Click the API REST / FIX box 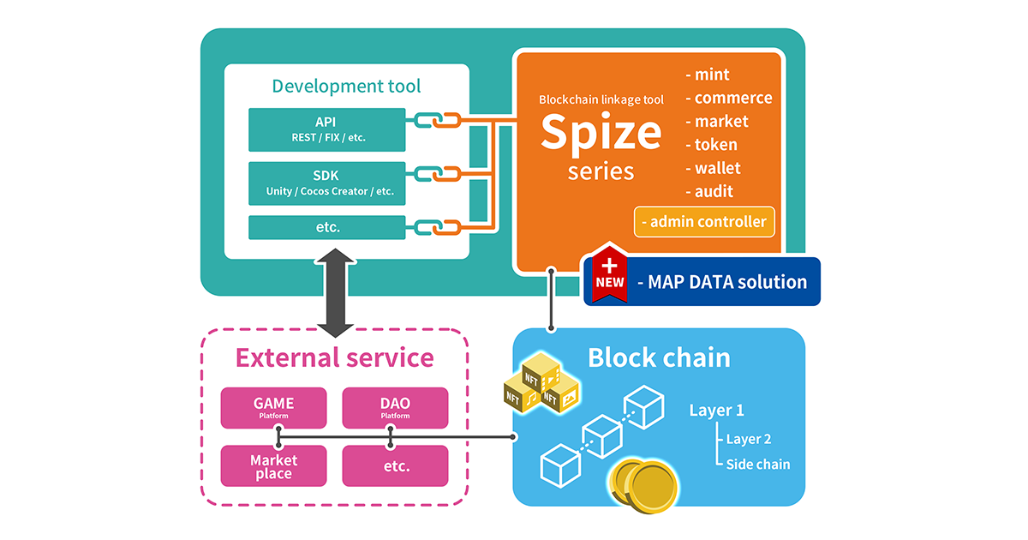coord(326,129)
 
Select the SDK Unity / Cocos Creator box coord(326,183)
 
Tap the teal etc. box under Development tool coord(326,227)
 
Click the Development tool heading coord(346,86)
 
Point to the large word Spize coord(601,131)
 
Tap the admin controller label coord(706,221)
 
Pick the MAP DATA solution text coord(723,282)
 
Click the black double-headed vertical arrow coord(334,293)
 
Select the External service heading coord(334,357)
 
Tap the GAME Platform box coord(273,408)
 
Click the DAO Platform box coord(395,408)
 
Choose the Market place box coord(273,466)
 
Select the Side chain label coord(757,465)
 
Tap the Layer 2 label coord(748,439)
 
